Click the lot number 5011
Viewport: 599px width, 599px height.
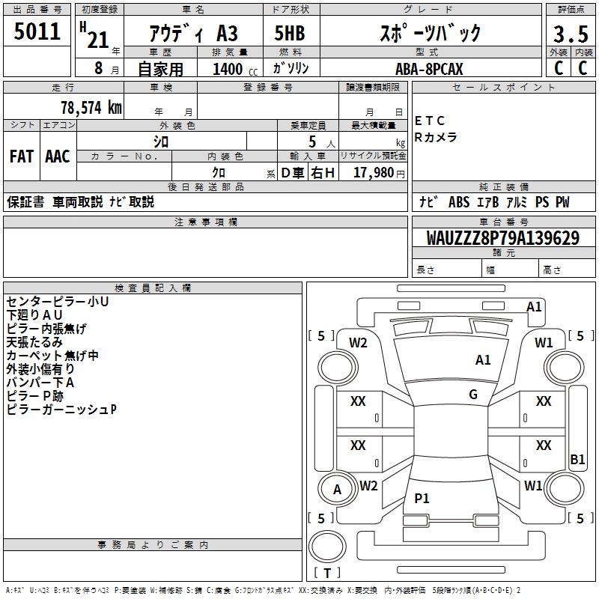point(37,32)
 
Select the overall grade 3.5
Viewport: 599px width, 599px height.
point(570,34)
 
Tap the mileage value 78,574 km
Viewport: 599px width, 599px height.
point(90,107)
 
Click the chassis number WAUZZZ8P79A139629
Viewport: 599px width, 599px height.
point(502,239)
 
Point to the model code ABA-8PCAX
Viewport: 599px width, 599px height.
point(430,69)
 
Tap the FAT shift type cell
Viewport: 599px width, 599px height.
point(22,156)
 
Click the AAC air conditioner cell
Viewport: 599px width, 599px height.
point(58,156)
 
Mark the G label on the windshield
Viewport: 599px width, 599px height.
point(473,395)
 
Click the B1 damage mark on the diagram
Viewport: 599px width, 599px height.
point(577,460)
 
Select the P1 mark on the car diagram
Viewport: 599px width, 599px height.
point(422,498)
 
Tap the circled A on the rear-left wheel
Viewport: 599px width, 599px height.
point(337,490)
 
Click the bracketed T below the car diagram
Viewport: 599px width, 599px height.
point(327,574)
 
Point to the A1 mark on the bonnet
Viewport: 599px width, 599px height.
point(483,360)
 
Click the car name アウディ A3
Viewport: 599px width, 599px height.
point(193,34)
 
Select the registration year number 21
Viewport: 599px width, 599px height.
point(98,39)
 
